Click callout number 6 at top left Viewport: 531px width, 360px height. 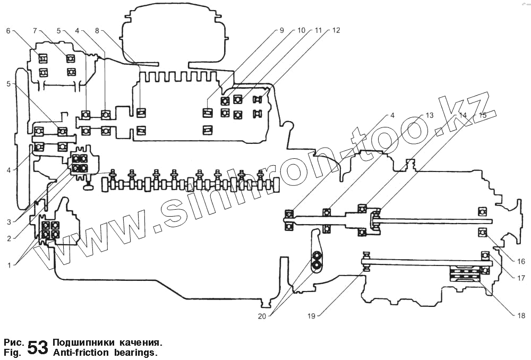(8, 30)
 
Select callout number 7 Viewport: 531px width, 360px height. (35, 30)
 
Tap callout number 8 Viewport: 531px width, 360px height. (96, 30)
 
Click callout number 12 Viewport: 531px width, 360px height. (336, 30)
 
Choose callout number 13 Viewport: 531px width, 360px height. (429, 115)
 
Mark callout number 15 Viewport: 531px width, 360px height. (483, 115)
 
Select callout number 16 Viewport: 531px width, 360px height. (521, 261)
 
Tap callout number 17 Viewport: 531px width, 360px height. (521, 277)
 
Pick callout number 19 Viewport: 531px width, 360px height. (311, 316)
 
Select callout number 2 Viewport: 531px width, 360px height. (8, 238)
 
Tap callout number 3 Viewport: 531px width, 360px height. (8, 222)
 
